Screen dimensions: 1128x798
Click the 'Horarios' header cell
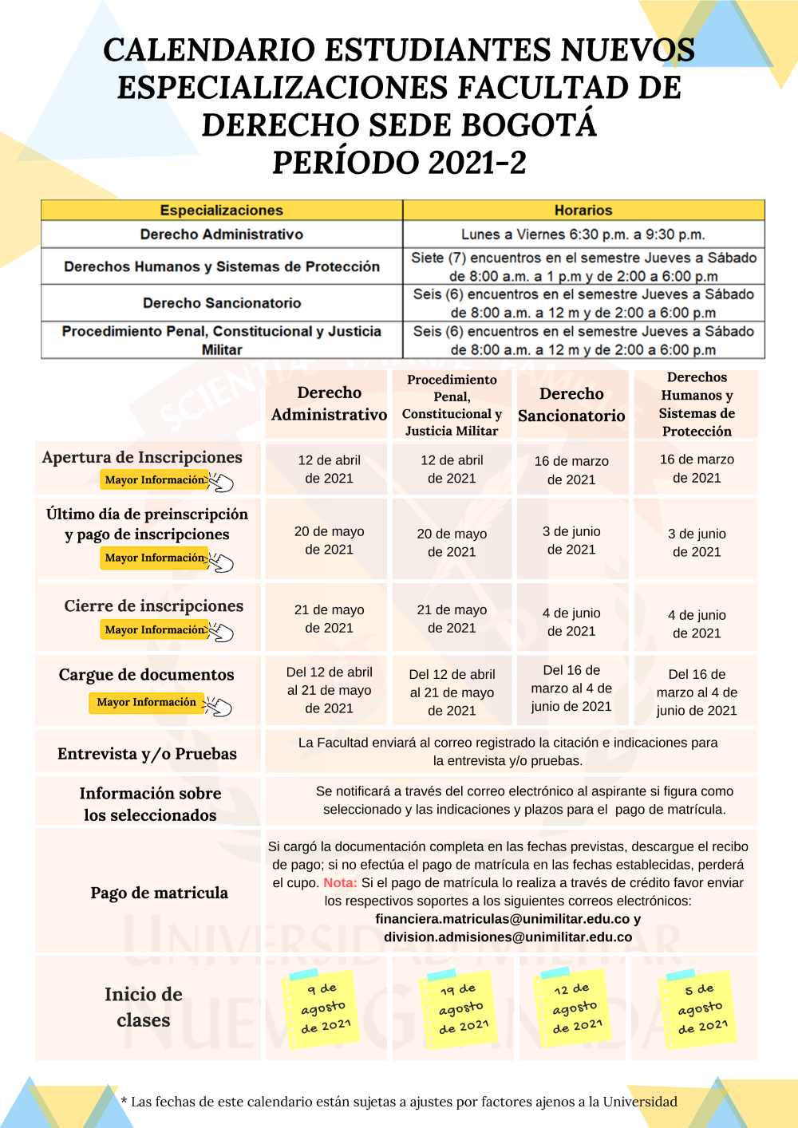583,211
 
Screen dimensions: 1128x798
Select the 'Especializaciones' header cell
222,211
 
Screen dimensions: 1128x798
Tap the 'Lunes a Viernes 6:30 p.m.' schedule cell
583,235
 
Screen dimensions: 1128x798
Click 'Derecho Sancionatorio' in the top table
222,303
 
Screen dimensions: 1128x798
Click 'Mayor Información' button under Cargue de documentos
147,702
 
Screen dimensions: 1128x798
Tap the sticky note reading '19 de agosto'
460,1008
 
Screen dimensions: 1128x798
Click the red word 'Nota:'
340,883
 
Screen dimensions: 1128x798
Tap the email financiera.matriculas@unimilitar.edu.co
503,919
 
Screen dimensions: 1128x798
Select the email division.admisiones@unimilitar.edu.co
508,937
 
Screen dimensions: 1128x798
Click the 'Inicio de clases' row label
144,1007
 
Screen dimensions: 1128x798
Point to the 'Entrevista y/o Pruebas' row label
147,754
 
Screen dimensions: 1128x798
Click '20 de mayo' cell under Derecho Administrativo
329,540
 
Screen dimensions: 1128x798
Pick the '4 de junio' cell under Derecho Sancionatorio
571,622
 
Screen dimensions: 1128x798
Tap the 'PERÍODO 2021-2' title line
399,163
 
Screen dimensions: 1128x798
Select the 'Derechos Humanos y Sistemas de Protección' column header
697,404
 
